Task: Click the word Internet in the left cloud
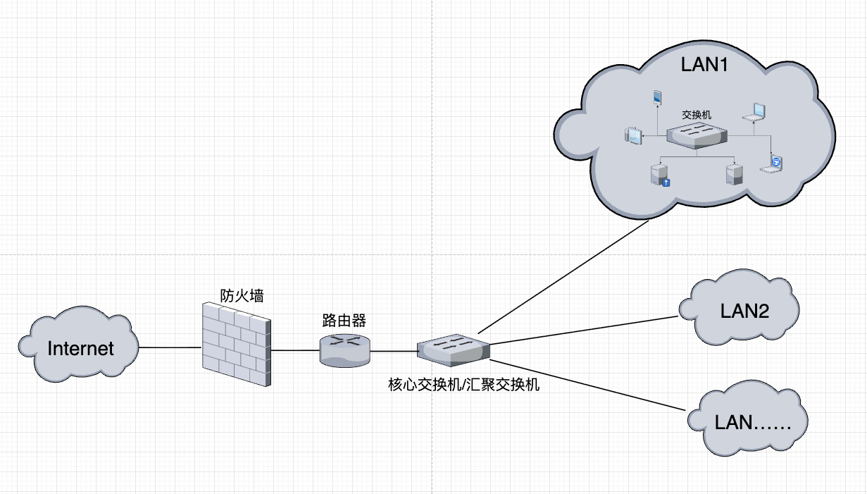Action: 80,348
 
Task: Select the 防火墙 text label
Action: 242,295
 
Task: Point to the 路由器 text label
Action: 344,321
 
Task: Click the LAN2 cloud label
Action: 744,310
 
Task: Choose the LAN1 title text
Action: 704,65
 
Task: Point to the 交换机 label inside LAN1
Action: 697,113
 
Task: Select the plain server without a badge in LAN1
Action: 734,174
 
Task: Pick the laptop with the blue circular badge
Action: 773,163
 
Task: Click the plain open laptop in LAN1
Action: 756,113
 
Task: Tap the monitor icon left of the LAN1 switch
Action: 635,135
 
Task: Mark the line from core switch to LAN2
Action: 585,330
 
